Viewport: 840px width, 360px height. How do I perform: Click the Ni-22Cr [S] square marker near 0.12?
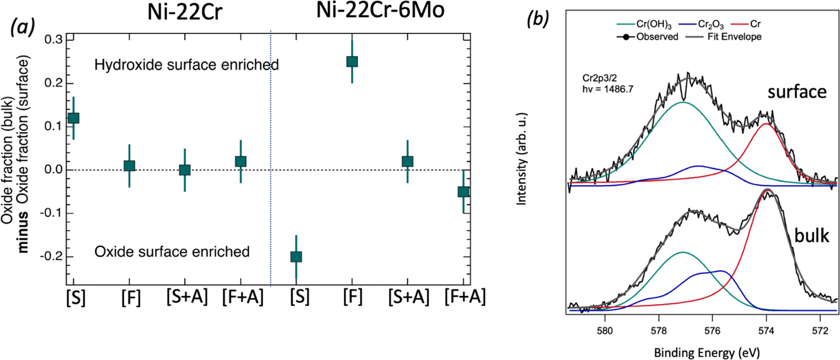tap(74, 118)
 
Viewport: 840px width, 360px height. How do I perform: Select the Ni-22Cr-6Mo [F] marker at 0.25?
tap(352, 61)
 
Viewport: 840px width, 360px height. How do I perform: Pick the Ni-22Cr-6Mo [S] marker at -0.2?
tap(296, 256)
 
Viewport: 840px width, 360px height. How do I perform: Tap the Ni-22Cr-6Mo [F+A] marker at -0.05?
tap(463, 191)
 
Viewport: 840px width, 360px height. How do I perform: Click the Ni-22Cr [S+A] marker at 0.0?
tap(185, 170)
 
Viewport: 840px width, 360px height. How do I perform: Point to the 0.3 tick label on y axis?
tap(54, 40)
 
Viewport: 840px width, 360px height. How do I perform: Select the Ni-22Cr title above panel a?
tap(185, 12)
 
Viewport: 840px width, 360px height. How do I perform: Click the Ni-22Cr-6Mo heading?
tap(380, 11)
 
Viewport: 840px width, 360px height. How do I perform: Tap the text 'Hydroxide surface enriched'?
tap(186, 65)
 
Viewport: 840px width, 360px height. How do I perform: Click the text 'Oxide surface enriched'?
tap(172, 252)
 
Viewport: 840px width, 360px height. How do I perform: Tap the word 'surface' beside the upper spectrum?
tap(797, 92)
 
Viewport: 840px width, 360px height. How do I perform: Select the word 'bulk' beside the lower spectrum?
tap(811, 236)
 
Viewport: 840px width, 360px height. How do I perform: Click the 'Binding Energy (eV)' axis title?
tap(707, 353)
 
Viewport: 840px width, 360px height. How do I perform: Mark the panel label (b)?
tap(538, 19)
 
